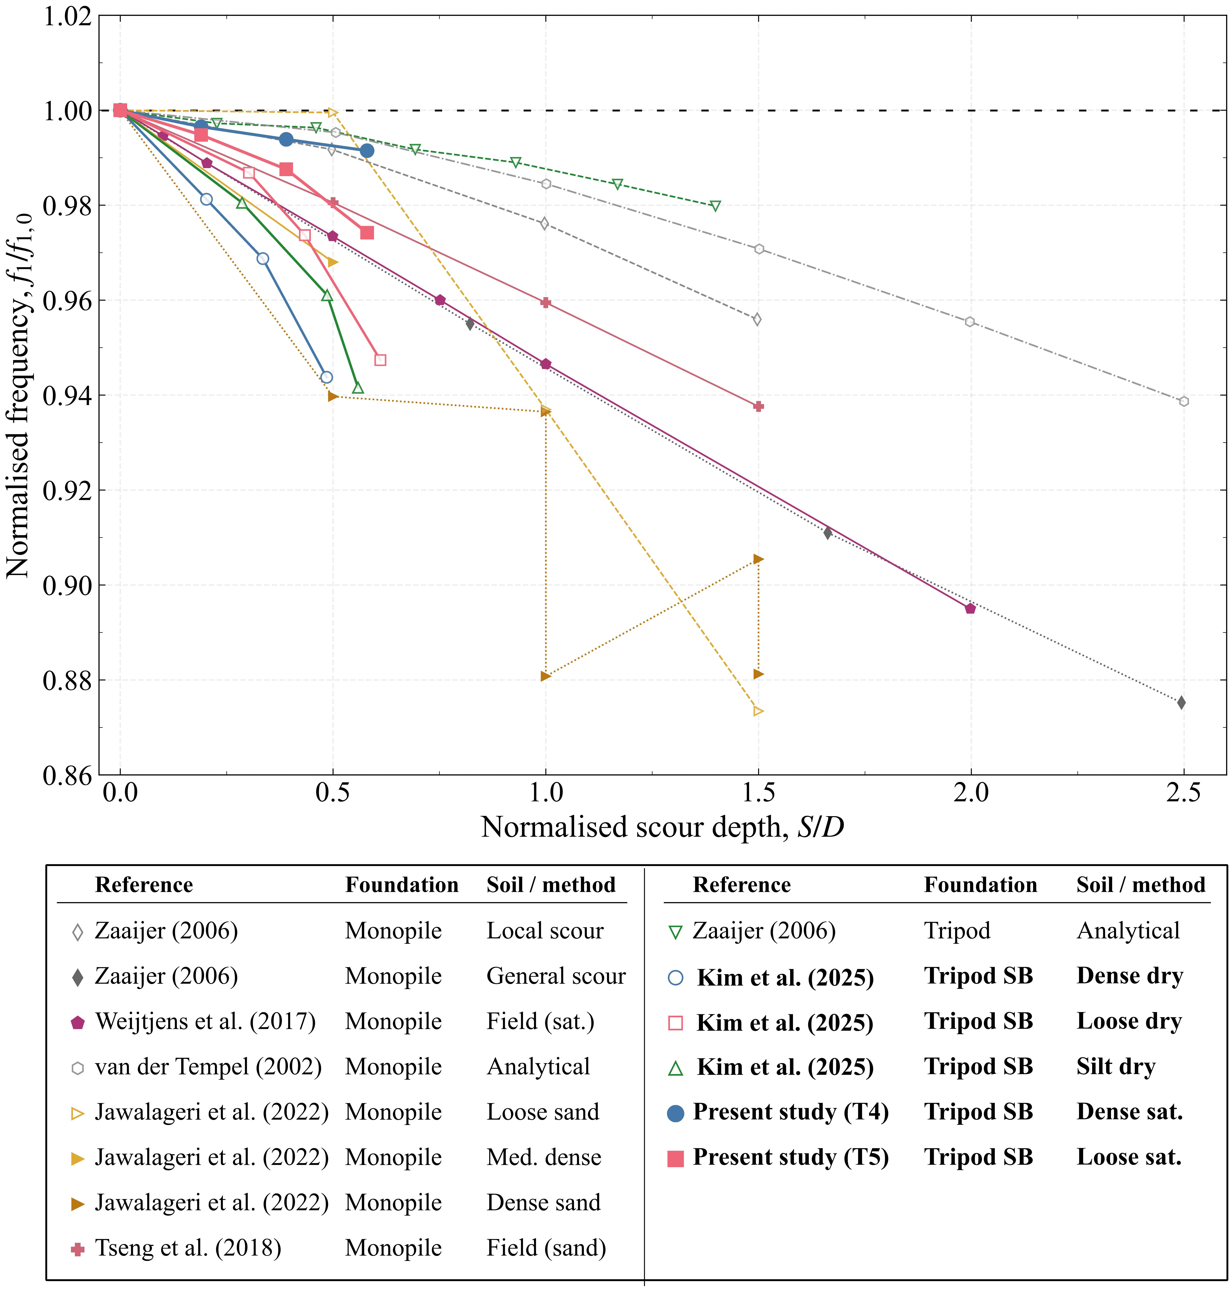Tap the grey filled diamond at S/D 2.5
[1181, 703]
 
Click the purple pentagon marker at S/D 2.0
[970, 609]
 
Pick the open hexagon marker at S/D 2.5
[1183, 401]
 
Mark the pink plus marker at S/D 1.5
[759, 406]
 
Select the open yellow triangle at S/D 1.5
[759, 711]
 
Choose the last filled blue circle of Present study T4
[367, 151]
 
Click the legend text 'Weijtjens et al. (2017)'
[205, 1022]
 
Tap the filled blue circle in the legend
[675, 1113]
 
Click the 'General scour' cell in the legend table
[556, 976]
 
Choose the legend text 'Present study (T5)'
[791, 1158]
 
